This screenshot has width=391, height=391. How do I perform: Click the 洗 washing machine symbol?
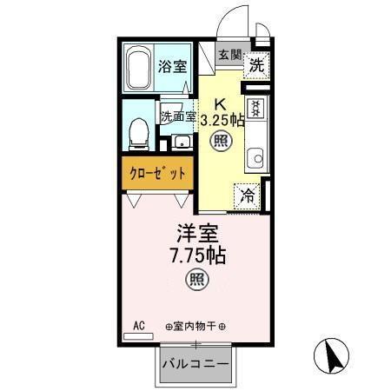point(256,64)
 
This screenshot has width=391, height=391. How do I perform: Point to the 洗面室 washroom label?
point(176,116)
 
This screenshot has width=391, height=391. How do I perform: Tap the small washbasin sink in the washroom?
point(182,142)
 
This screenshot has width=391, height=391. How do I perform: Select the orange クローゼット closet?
point(158,172)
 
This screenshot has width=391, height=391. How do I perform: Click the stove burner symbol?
point(255,109)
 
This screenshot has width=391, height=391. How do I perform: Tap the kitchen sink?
point(255,159)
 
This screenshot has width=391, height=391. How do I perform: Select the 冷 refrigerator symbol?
point(249,196)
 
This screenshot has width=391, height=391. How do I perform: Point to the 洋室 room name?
point(197,235)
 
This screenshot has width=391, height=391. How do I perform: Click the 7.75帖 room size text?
point(197,257)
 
